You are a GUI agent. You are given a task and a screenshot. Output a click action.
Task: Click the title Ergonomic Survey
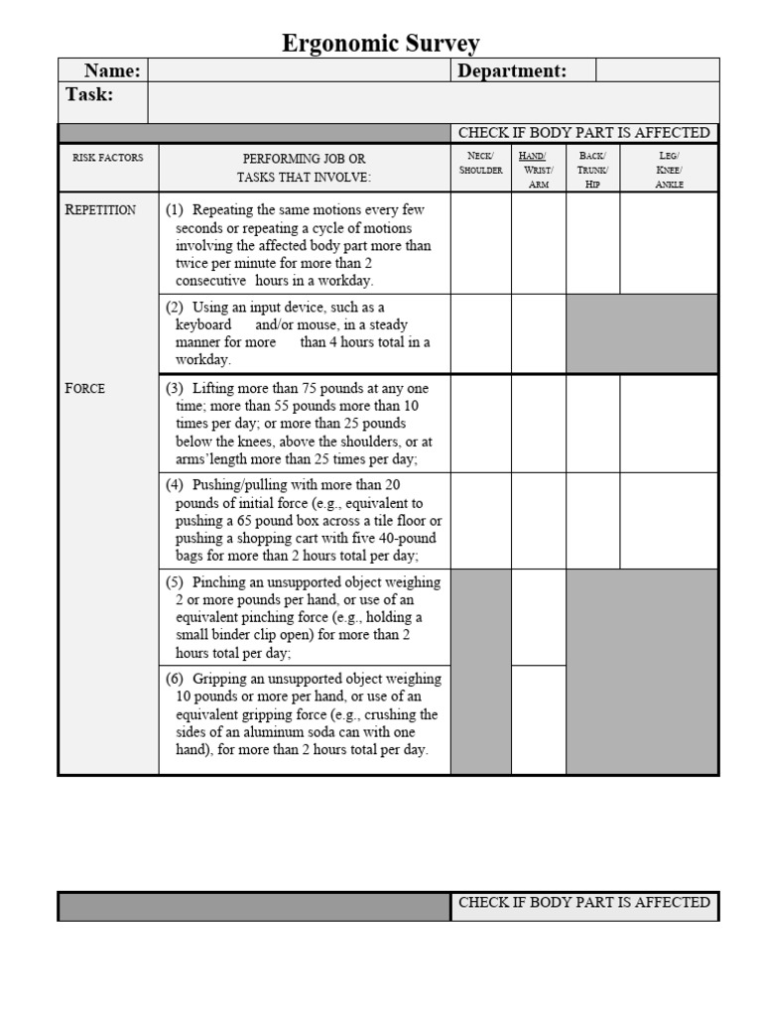[x=381, y=43]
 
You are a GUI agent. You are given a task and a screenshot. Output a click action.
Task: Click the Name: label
[x=112, y=70]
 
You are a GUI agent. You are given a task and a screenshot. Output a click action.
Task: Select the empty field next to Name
[x=299, y=70]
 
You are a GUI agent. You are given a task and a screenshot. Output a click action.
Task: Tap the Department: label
[x=512, y=70]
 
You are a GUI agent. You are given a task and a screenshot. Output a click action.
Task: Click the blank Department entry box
[x=657, y=70]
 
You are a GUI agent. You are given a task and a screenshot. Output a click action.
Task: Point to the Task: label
[x=89, y=95]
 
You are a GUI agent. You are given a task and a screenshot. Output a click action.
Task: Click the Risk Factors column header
[x=108, y=158]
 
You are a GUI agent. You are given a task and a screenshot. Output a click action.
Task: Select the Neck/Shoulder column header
[x=480, y=163]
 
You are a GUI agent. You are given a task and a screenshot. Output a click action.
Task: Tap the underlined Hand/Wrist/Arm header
[x=538, y=170]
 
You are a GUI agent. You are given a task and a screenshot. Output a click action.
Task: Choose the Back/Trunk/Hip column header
[x=592, y=170]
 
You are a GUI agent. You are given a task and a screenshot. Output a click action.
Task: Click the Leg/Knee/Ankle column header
[x=669, y=170]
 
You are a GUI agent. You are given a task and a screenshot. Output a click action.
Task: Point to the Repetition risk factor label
[x=100, y=210]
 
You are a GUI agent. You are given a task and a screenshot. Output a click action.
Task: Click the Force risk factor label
[x=85, y=388]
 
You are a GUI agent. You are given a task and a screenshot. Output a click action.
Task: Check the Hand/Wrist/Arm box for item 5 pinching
[x=538, y=617]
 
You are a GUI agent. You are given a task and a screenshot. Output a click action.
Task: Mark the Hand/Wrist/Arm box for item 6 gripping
[x=538, y=719]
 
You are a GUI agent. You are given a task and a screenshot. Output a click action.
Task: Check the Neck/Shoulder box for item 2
[x=480, y=333]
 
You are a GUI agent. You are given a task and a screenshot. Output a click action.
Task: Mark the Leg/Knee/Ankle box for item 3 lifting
[x=669, y=424]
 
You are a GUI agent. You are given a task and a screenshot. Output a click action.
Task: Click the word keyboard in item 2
[x=203, y=324]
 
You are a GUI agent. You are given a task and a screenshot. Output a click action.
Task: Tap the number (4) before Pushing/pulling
[x=175, y=485]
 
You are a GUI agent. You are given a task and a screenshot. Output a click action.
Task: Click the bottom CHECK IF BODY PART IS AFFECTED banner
[x=584, y=903]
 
